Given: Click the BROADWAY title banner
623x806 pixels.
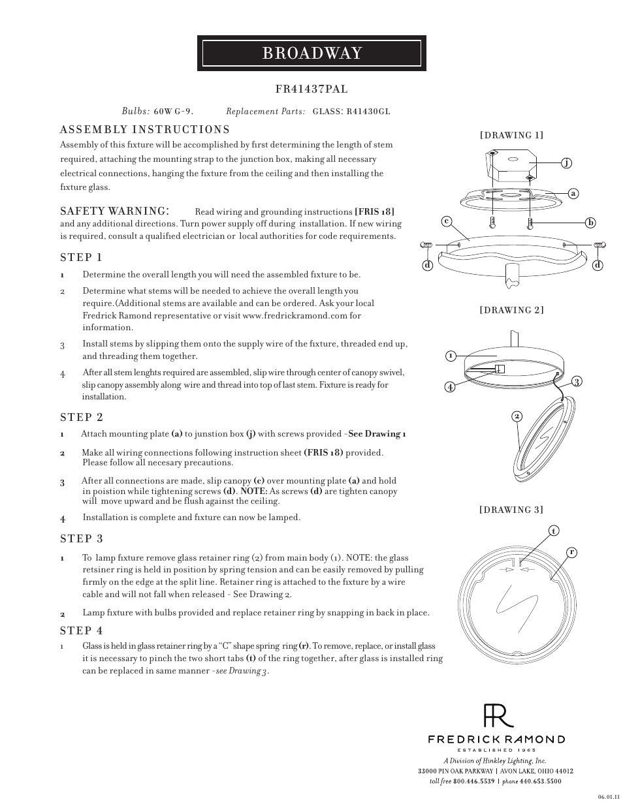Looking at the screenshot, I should pyautogui.click(x=311, y=54).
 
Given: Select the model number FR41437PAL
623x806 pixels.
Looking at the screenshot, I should pyautogui.click(x=311, y=89).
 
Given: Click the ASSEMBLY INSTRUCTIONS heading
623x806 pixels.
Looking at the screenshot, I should pyautogui.click(x=144, y=130).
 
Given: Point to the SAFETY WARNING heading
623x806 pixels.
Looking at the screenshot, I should pyautogui.click(x=115, y=211).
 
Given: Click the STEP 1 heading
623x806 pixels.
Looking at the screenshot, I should pyautogui.click(x=81, y=257).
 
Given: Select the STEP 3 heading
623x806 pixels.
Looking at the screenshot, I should pyautogui.click(x=81, y=538).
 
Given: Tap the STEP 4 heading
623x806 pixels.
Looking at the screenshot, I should pyautogui.click(x=81, y=630).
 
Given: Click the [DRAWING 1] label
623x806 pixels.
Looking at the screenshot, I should pyautogui.click(x=511, y=136).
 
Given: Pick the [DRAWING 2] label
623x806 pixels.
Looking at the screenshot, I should pyautogui.click(x=511, y=310).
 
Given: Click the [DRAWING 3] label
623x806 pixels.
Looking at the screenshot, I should pyautogui.click(x=511, y=510).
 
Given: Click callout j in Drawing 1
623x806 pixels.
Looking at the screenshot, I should pyautogui.click(x=567, y=163).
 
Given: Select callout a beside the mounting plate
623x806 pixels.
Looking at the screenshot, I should pyautogui.click(x=573, y=193).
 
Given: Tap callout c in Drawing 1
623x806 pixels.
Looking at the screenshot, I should pyautogui.click(x=447, y=221).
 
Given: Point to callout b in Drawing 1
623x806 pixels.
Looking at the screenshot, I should pyautogui.click(x=590, y=223).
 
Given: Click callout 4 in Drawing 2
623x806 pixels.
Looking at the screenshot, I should pyautogui.click(x=450, y=386).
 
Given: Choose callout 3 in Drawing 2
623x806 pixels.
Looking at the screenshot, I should pyautogui.click(x=576, y=381).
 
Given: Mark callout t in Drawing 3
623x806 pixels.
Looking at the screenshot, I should pyautogui.click(x=553, y=531).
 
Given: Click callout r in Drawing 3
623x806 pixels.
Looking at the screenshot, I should pyautogui.click(x=571, y=552).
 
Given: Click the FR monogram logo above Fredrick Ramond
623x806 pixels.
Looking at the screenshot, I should pyautogui.click(x=498, y=716).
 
